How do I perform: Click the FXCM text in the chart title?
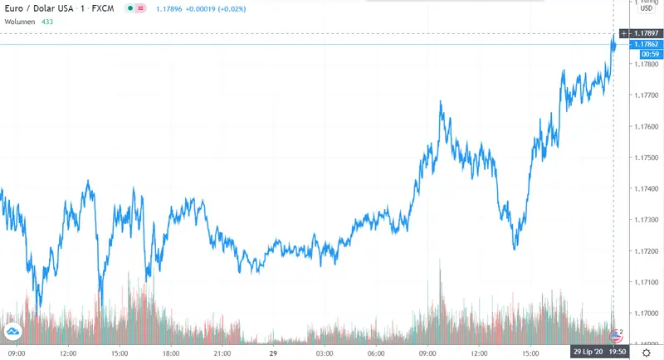[101, 7]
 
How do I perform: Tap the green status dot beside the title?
[130, 7]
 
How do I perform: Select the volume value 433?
[47, 21]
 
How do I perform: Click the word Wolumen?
[21, 21]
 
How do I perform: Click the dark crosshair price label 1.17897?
[645, 33]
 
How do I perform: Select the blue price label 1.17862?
[645, 44]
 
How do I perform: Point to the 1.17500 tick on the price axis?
[644, 158]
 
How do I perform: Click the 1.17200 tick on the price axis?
[644, 251]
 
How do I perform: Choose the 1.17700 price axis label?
[644, 95]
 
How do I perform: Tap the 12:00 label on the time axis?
[69, 353]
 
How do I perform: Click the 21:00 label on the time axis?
[222, 353]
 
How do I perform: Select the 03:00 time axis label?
[325, 353]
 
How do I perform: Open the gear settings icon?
[645, 353]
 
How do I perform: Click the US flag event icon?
[616, 336]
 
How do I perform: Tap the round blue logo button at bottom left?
[13, 333]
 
